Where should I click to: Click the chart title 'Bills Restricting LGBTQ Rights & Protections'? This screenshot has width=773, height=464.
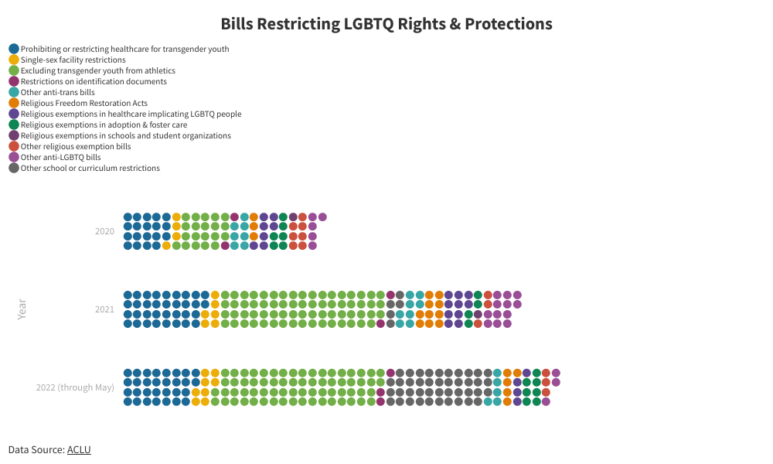(386, 24)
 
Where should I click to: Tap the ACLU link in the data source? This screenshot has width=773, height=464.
(79, 449)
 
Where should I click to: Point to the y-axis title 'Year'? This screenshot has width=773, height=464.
(22, 309)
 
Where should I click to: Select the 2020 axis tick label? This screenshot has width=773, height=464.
(104, 231)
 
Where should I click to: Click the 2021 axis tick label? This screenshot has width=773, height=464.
(104, 309)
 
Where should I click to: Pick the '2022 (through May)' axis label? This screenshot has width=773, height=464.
(75, 387)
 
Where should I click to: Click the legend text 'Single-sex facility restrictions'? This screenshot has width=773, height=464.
(73, 60)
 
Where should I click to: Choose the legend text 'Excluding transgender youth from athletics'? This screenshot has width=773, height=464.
(97, 70)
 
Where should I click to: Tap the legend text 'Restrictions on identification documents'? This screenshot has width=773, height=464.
(94, 81)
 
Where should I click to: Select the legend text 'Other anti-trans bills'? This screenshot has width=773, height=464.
(57, 92)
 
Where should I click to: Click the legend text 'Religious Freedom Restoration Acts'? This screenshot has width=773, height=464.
(83, 103)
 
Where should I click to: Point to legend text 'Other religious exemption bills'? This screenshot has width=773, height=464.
(76, 146)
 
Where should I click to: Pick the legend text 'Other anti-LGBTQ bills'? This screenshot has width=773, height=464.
(60, 157)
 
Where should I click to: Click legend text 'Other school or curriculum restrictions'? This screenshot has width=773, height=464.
(90, 168)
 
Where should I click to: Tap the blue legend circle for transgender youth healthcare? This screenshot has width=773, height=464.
(14, 49)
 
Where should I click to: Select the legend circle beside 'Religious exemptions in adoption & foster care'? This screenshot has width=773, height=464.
(14, 125)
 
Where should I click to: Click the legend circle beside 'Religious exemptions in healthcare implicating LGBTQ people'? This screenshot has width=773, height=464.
(14, 114)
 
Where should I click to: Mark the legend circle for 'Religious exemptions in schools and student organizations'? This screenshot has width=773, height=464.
(14, 135)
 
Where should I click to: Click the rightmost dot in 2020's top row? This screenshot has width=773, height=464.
(322, 217)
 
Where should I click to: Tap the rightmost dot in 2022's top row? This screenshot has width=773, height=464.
(556, 373)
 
